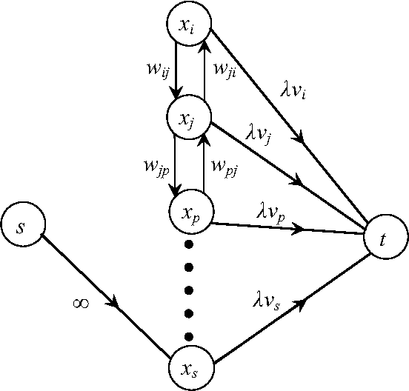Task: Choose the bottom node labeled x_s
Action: tap(192, 368)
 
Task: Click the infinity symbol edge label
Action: tap(82, 303)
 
